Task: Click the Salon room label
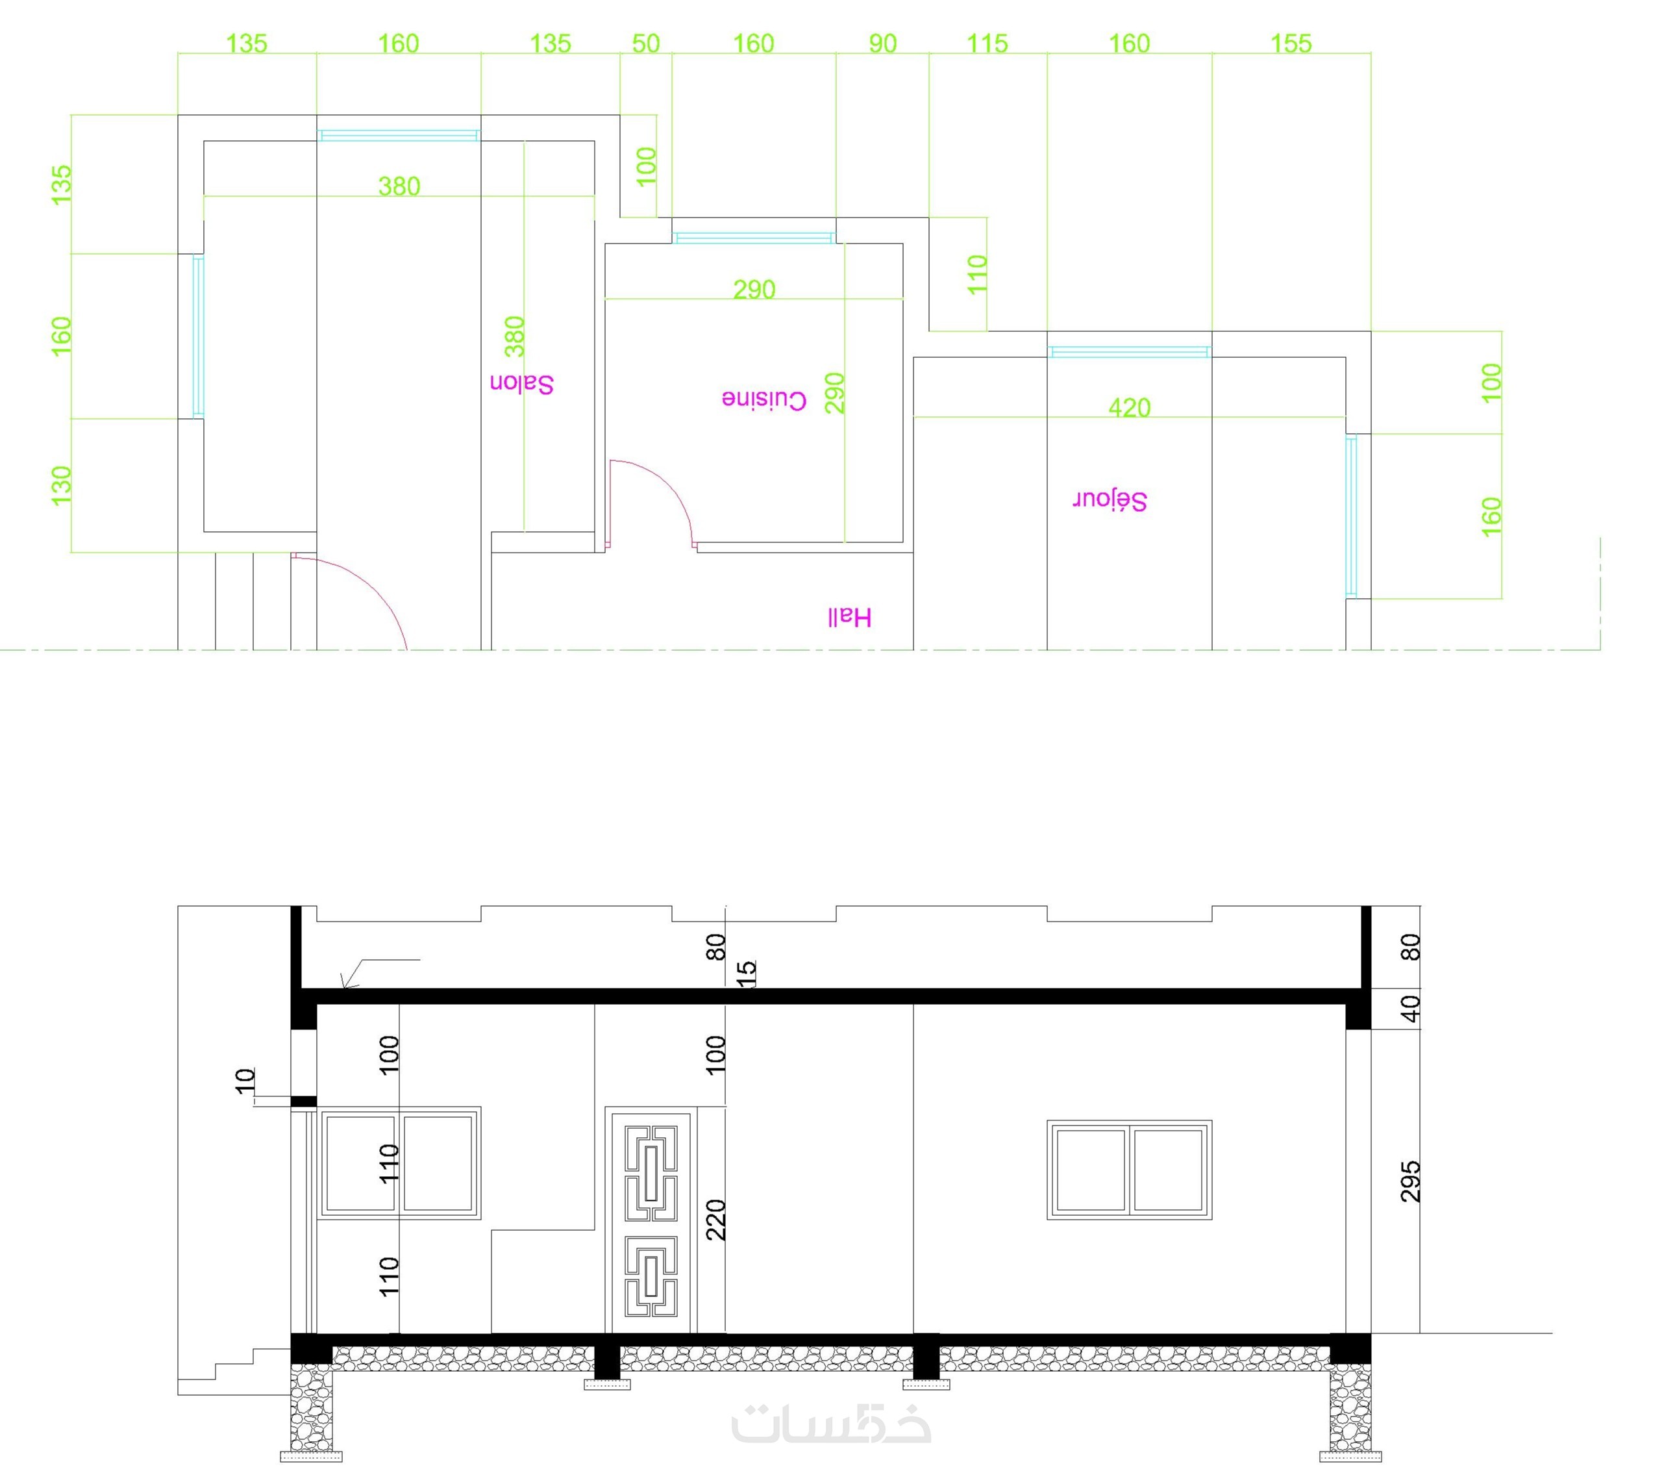click(522, 384)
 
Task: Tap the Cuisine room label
click(764, 400)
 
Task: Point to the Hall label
click(850, 617)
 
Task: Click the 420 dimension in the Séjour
click(1129, 407)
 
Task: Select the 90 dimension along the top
click(882, 43)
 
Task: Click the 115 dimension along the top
click(987, 43)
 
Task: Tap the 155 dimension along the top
click(1291, 43)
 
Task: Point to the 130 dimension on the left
click(62, 485)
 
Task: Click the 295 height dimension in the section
click(1411, 1181)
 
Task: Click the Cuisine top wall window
click(754, 238)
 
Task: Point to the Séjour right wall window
click(1352, 516)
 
